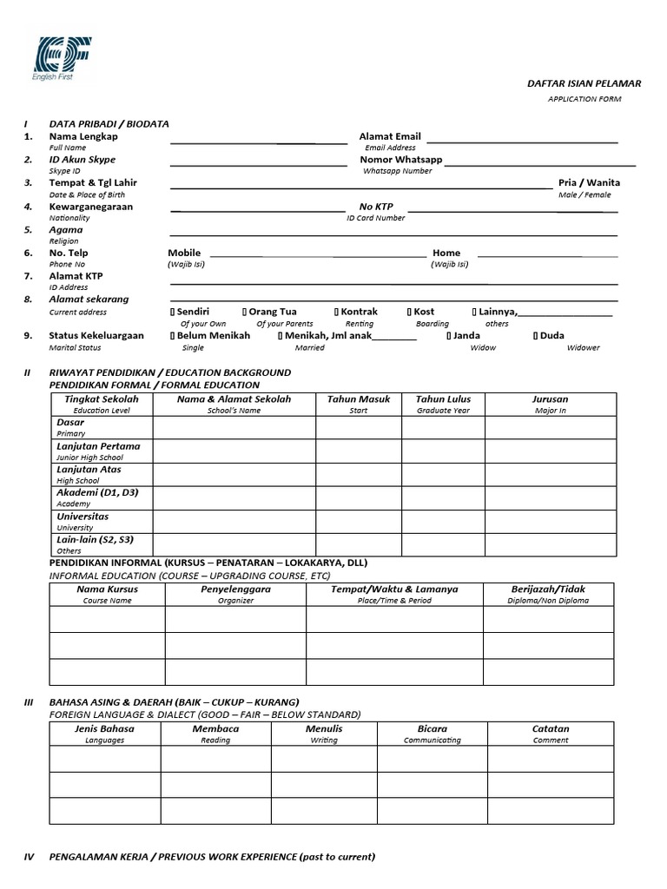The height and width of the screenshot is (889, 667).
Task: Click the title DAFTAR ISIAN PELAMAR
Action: click(584, 83)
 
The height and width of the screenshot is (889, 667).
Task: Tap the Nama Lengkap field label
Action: click(83, 136)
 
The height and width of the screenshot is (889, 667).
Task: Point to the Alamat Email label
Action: click(390, 136)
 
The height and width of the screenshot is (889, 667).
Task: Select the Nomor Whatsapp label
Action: click(401, 160)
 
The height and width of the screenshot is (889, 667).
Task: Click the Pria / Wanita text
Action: click(589, 183)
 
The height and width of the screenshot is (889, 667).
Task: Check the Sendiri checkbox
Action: click(173, 312)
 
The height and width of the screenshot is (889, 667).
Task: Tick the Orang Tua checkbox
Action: click(246, 312)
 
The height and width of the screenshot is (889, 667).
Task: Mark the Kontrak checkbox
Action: click(336, 312)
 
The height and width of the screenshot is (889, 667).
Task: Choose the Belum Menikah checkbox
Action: click(173, 335)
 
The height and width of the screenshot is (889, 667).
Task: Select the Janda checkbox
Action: click(449, 335)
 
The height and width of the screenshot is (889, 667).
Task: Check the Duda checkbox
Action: click(536, 335)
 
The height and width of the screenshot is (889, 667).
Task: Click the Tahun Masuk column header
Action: click(358, 399)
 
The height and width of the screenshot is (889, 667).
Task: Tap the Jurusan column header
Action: click(551, 399)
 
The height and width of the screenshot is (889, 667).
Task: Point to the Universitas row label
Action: click(83, 517)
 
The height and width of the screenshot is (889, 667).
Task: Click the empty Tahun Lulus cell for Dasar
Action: click(442, 427)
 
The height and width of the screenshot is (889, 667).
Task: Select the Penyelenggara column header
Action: click(235, 589)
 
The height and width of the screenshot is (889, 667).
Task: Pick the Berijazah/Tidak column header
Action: click(548, 589)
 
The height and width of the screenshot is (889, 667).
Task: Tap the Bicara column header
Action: click(432, 729)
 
